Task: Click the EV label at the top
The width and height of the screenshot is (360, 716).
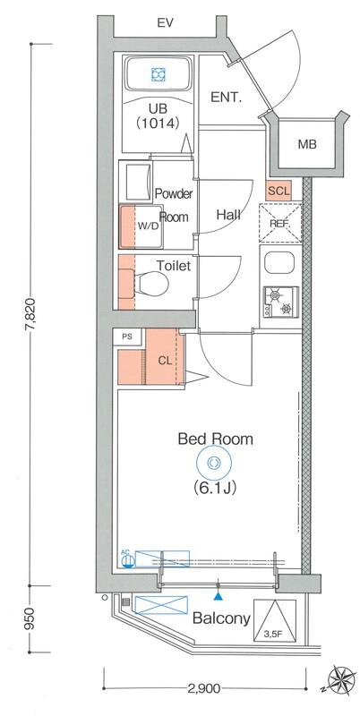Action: pos(165,23)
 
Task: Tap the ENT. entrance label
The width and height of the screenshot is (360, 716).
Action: pos(226,98)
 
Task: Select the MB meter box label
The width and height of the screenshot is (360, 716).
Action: pos(307,145)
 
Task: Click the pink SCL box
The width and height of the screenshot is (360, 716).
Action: pos(279,191)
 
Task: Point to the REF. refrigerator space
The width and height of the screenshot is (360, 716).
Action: pos(280,223)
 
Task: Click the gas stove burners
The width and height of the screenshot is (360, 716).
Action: pos(280,302)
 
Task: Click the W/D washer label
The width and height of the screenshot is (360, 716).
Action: pos(149,226)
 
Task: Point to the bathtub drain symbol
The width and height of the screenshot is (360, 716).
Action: pos(159,74)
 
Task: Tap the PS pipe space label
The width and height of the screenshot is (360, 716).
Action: pos(127,337)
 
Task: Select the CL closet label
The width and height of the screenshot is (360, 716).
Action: pos(165,361)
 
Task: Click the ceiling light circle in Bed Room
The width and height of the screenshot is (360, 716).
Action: pos(214,463)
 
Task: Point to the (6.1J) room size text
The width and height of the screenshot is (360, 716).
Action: pos(214,489)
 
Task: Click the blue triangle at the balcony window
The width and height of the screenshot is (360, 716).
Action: pos(219,595)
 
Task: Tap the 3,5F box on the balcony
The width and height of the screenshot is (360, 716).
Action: pos(275,620)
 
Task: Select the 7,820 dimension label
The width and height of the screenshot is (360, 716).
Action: pos(31,314)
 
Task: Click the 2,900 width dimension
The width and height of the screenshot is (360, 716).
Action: pos(204,687)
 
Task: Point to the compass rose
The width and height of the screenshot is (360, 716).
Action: pos(341,680)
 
